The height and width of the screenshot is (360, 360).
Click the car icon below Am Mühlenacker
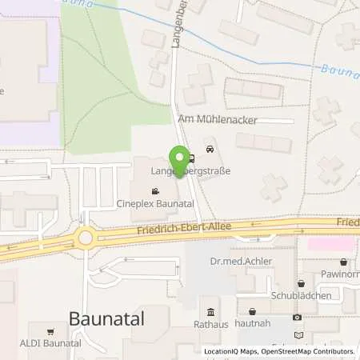pyautogui.click(x=210, y=149)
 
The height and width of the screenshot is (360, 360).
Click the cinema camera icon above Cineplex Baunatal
pyautogui.click(x=154, y=192)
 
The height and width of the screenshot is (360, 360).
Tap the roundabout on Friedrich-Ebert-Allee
pyautogui.click(x=85, y=238)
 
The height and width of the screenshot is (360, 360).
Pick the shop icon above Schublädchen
pyautogui.click(x=301, y=283)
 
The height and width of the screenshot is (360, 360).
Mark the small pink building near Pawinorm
pyautogui.click(x=333, y=242)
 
